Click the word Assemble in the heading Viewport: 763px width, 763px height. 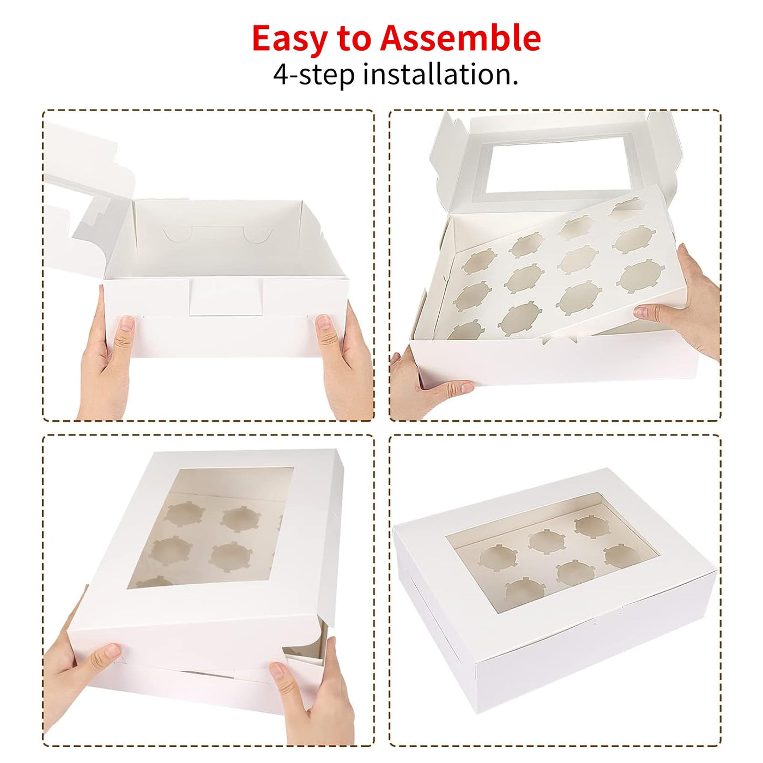tap(461, 38)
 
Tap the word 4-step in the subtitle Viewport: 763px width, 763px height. tap(313, 75)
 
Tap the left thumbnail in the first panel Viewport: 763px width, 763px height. tap(126, 323)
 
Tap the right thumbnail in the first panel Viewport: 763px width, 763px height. tap(324, 322)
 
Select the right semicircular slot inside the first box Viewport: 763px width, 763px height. tap(258, 234)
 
